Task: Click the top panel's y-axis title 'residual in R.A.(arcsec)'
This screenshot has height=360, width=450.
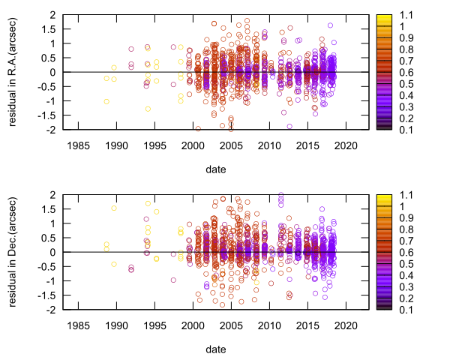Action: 13,72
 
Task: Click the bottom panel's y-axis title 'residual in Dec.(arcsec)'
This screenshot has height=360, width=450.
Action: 13,252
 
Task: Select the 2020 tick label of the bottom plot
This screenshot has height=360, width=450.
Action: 346,325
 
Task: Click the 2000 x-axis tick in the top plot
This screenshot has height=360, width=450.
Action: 193,145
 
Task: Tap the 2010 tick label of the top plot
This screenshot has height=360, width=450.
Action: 269,145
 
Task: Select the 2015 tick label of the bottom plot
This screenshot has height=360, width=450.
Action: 307,325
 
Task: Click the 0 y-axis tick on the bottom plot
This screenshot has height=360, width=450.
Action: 51,252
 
